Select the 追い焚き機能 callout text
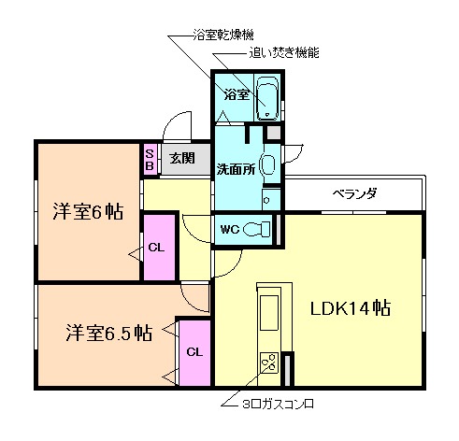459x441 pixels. [x=284, y=53]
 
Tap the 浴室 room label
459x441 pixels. [x=236, y=94]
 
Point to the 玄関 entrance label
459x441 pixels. [x=182, y=159]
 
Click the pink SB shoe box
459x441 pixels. [x=149, y=160]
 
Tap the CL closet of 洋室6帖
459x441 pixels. [x=159, y=248]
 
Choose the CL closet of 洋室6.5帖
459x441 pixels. [x=194, y=352]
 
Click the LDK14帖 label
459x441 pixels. [x=351, y=307]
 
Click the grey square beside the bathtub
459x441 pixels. [x=272, y=132]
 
